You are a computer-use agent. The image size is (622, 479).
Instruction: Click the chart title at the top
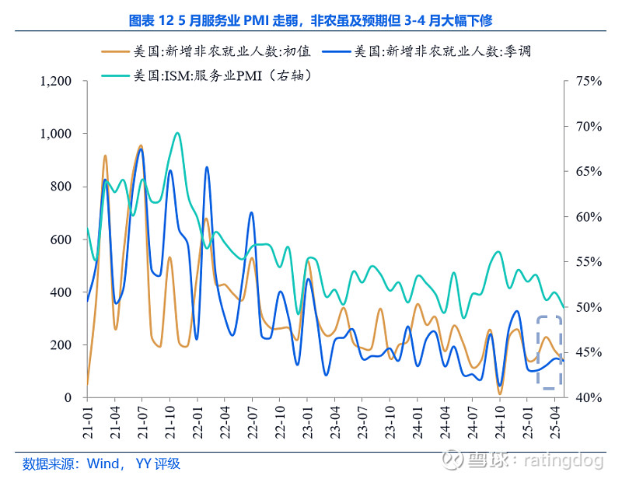point(310,19)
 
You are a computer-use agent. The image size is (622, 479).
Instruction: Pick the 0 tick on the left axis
point(68,398)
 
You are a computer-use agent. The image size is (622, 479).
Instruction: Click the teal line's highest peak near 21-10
point(177,133)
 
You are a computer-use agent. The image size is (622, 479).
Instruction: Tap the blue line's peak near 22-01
point(207,168)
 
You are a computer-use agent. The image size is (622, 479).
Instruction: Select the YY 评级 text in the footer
point(157,464)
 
